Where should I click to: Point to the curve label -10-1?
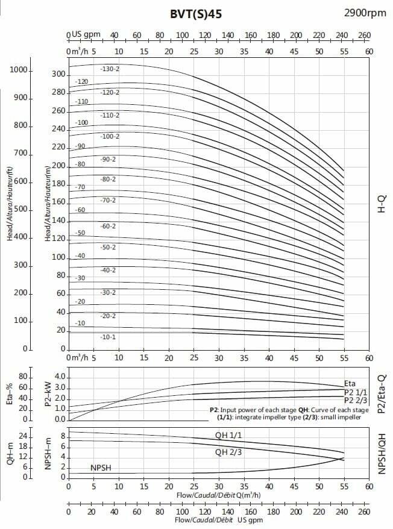(108, 337)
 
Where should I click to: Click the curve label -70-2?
(109, 200)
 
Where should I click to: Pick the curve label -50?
(81, 233)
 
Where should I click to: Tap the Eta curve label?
(350, 383)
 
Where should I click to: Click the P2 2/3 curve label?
(356, 399)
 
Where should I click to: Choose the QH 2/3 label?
(229, 452)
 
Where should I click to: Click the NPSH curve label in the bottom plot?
(101, 468)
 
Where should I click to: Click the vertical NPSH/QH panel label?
(380, 452)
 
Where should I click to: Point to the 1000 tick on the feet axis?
(20, 70)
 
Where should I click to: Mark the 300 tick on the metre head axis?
(58, 74)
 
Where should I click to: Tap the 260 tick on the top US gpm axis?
(364, 35)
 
